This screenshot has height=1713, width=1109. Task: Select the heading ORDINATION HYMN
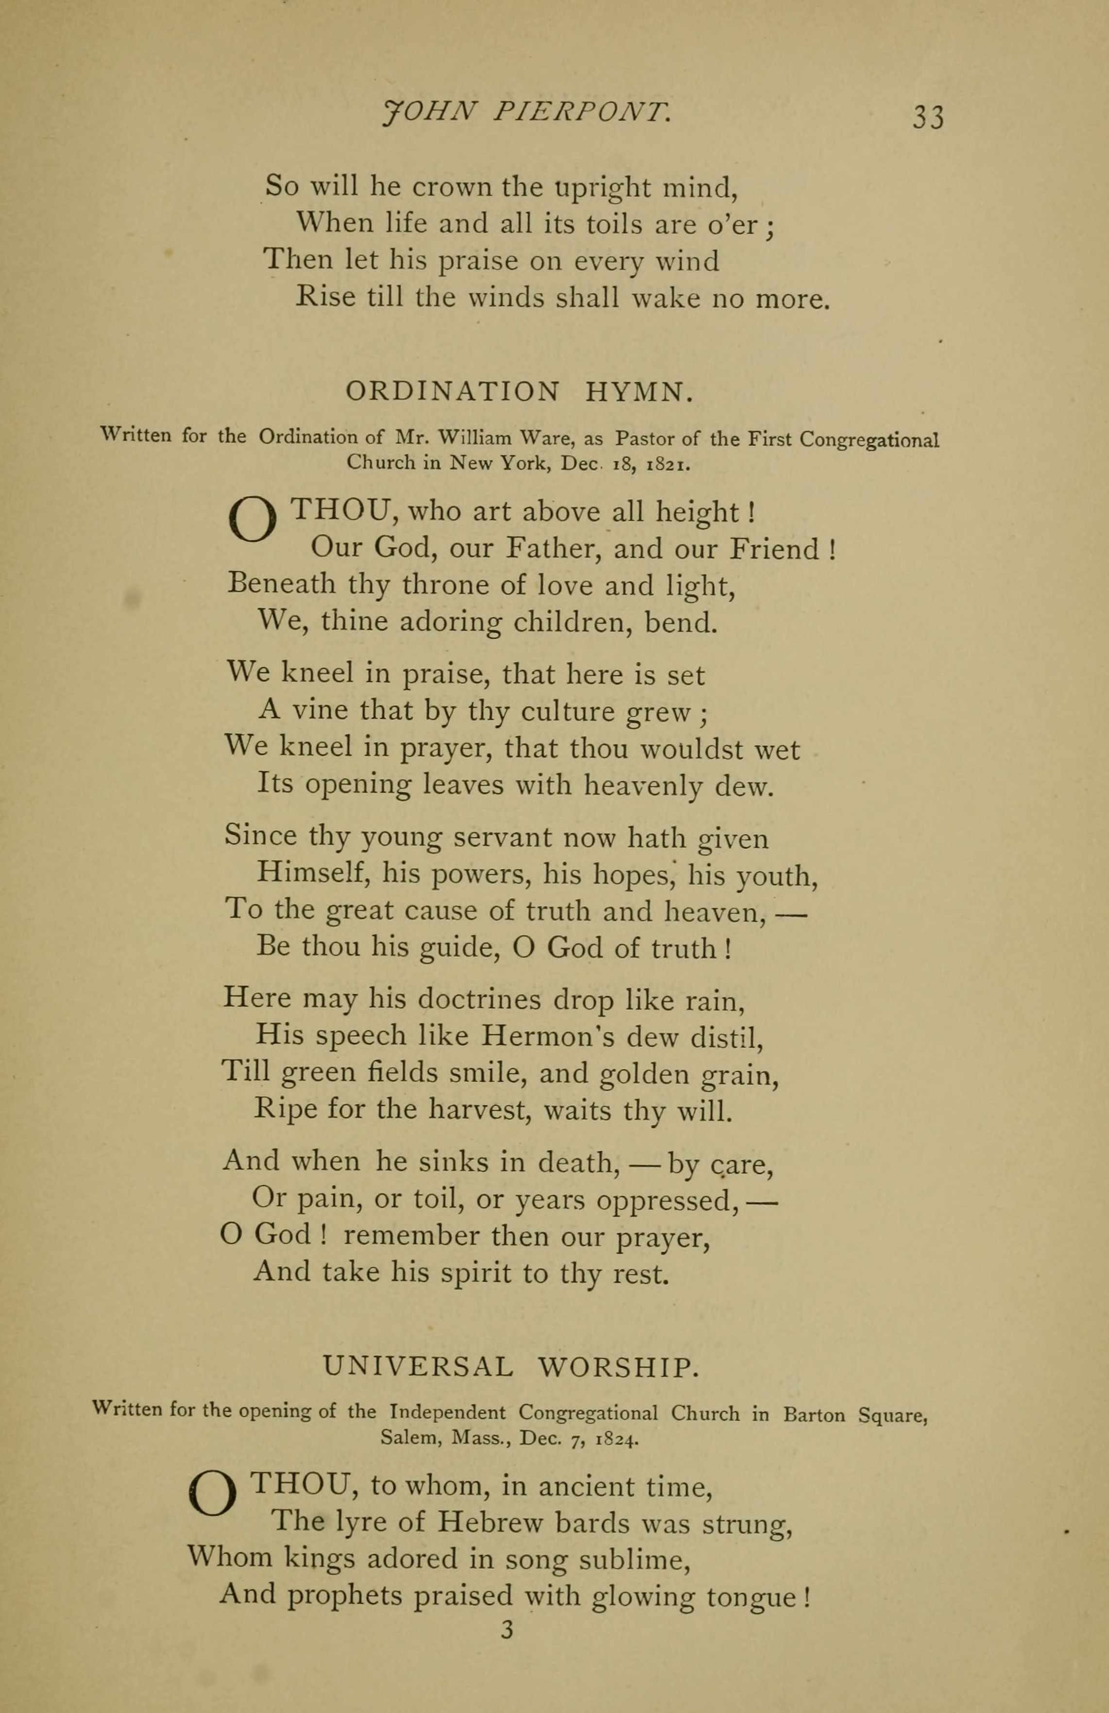(520, 391)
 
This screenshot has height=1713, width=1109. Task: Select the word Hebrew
(493, 1522)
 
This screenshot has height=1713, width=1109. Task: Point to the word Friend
(774, 549)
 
